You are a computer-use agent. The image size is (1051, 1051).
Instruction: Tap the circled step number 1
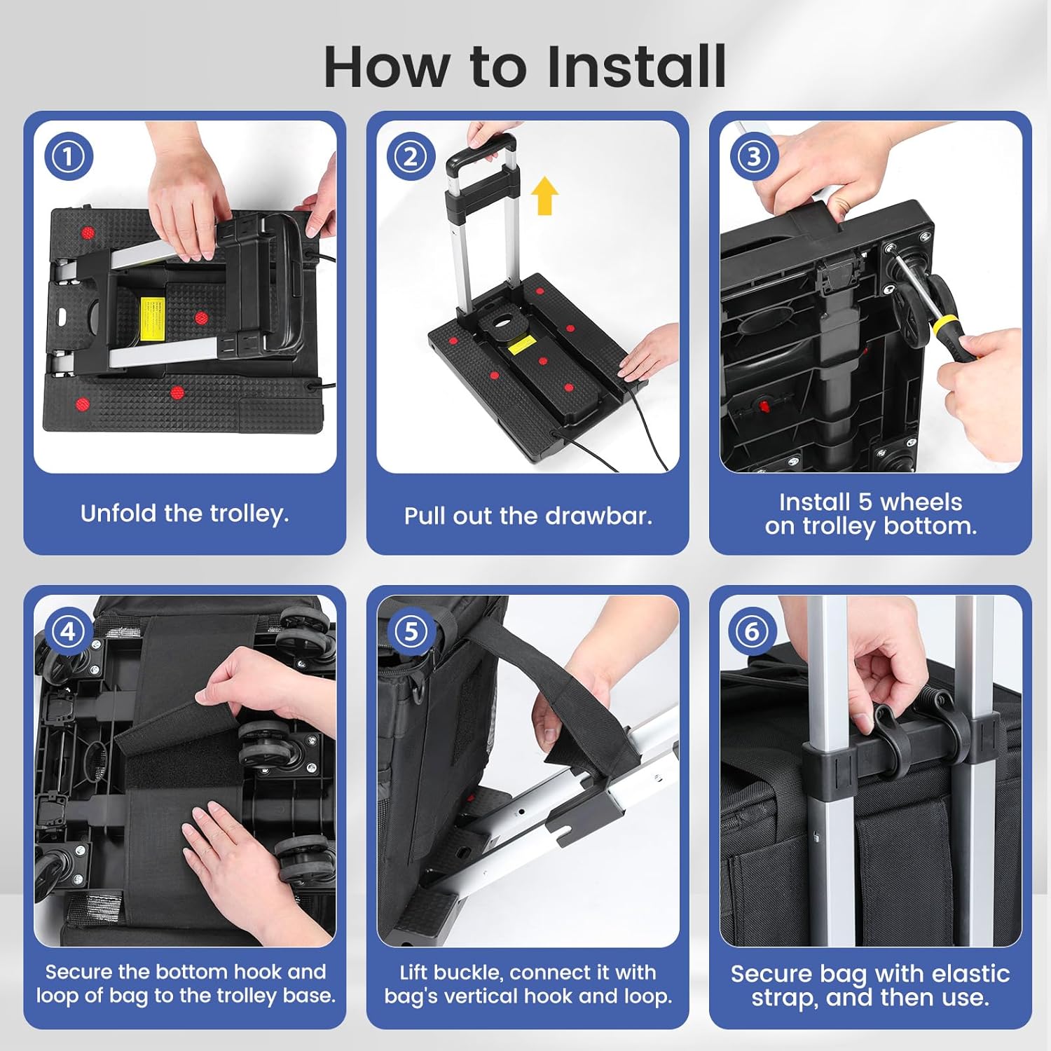[x=69, y=156]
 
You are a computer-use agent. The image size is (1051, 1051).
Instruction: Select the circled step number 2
[x=411, y=156]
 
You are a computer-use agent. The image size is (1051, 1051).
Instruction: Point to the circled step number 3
[x=754, y=156]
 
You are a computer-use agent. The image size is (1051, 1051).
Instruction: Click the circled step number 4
[x=69, y=631]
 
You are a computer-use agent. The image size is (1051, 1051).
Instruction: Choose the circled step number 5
[x=411, y=631]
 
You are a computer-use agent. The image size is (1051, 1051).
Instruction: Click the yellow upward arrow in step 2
[x=544, y=195]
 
